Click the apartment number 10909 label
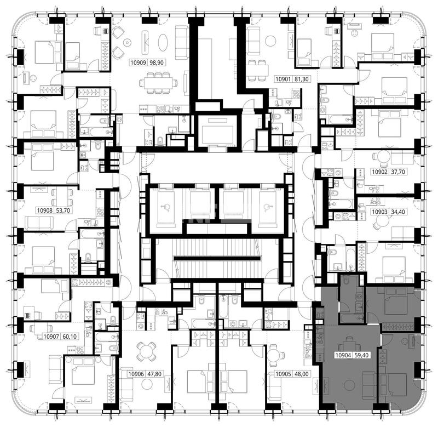tap(139, 62)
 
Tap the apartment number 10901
tap(283, 79)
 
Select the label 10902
tap(379, 172)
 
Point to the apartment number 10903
tap(379, 212)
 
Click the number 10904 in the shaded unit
tap(343, 355)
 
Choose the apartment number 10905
tap(283, 374)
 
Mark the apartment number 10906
tap(136, 374)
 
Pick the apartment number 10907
tap(51, 337)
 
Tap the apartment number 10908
tap(45, 210)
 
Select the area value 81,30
tap(302, 79)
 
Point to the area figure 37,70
tap(398, 172)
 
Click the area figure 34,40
tap(398, 212)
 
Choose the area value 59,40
tap(361, 355)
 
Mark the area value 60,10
tap(70, 337)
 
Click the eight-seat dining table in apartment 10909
tap(158, 83)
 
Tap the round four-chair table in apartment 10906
tap(146, 351)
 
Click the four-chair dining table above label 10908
tap(62, 197)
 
